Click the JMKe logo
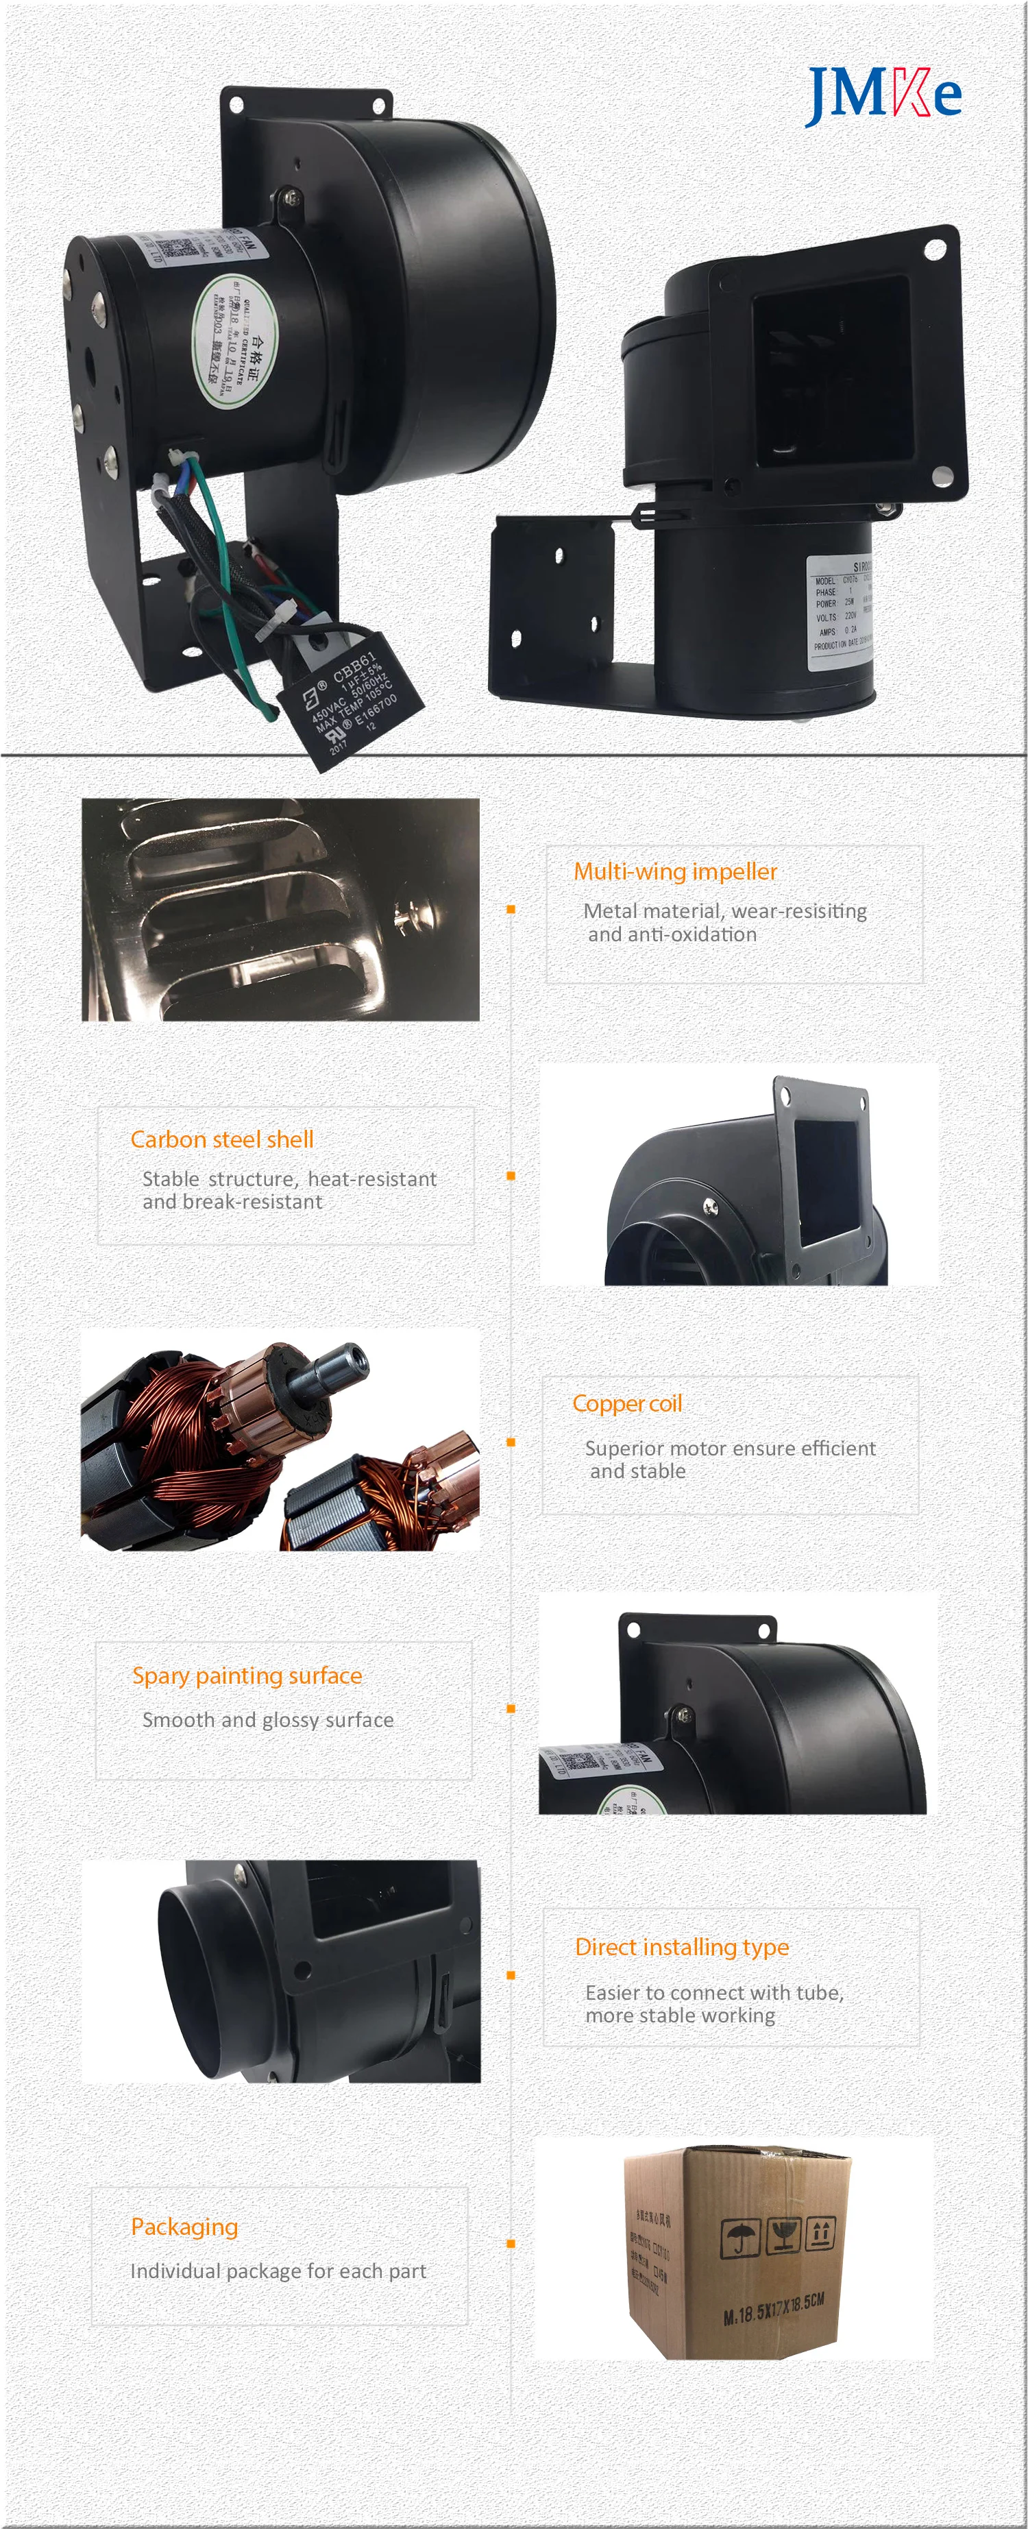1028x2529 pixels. pos(883,95)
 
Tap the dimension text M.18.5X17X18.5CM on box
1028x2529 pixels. pos(773,2310)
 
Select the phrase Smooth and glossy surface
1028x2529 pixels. pos(267,1719)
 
